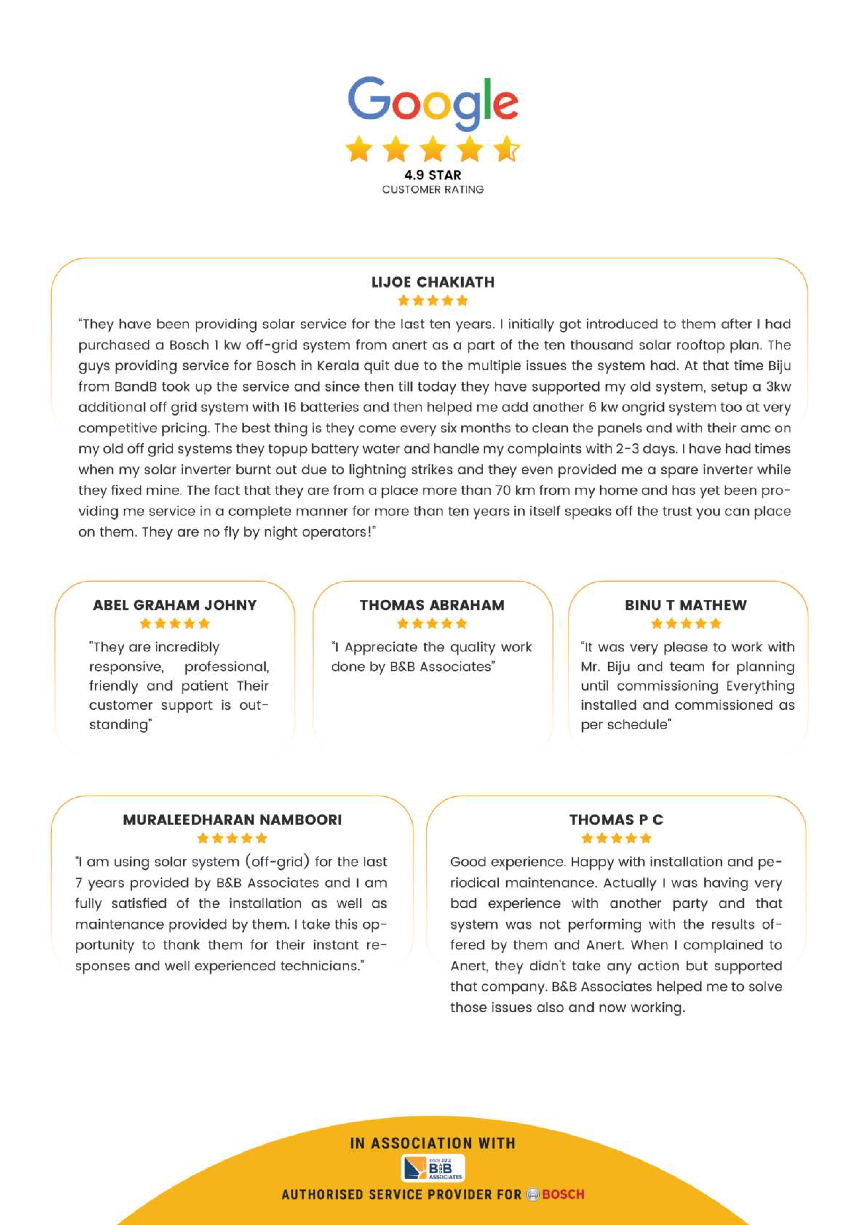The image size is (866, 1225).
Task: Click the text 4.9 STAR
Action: click(432, 175)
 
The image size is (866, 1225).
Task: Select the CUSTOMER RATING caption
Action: click(433, 190)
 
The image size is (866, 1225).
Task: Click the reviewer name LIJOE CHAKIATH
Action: click(433, 282)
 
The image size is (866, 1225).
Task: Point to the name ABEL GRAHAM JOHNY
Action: click(175, 605)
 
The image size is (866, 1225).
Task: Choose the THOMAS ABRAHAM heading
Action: click(432, 605)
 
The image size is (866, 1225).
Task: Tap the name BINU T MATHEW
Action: click(686, 605)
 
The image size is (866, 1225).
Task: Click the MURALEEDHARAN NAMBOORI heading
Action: click(232, 820)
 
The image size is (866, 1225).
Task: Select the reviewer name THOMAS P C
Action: click(616, 820)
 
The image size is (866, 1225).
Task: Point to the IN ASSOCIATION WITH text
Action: click(433, 1143)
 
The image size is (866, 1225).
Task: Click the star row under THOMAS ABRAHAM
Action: click(432, 623)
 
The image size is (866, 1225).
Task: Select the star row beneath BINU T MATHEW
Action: click(686, 623)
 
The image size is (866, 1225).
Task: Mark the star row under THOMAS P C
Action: click(616, 838)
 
